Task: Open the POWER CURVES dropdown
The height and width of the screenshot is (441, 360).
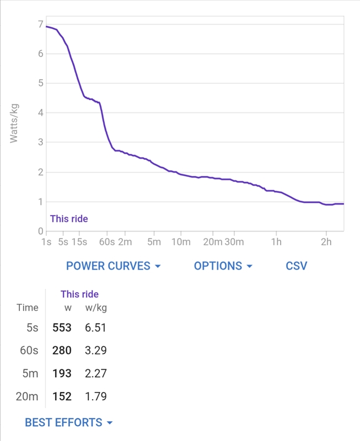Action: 113,266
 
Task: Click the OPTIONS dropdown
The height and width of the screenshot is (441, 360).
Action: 223,266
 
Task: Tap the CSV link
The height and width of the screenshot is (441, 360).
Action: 297,266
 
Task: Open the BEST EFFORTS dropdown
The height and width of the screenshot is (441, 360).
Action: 68,422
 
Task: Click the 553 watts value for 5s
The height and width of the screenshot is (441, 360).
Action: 62,327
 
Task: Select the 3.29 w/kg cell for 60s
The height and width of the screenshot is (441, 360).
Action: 95,351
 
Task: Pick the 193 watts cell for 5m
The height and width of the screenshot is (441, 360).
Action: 62,374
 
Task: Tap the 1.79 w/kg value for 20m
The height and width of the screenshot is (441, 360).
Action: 95,396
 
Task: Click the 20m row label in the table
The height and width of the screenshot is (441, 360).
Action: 27,396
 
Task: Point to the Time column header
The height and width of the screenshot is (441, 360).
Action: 27,308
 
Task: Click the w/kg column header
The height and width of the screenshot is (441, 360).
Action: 96,308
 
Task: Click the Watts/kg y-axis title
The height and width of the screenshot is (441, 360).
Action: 14,123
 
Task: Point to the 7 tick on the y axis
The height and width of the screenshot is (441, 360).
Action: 41,24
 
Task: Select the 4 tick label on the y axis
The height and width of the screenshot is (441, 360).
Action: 41,113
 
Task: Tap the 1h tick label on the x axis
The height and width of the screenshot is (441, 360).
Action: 276,242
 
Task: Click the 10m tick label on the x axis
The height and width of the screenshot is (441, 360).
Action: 181,242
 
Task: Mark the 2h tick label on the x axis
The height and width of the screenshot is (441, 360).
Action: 326,242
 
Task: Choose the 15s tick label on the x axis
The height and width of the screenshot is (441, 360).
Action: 79,242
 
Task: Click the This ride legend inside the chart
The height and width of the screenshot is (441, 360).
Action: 69,219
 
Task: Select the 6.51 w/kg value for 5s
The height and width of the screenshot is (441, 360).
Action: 95,327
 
